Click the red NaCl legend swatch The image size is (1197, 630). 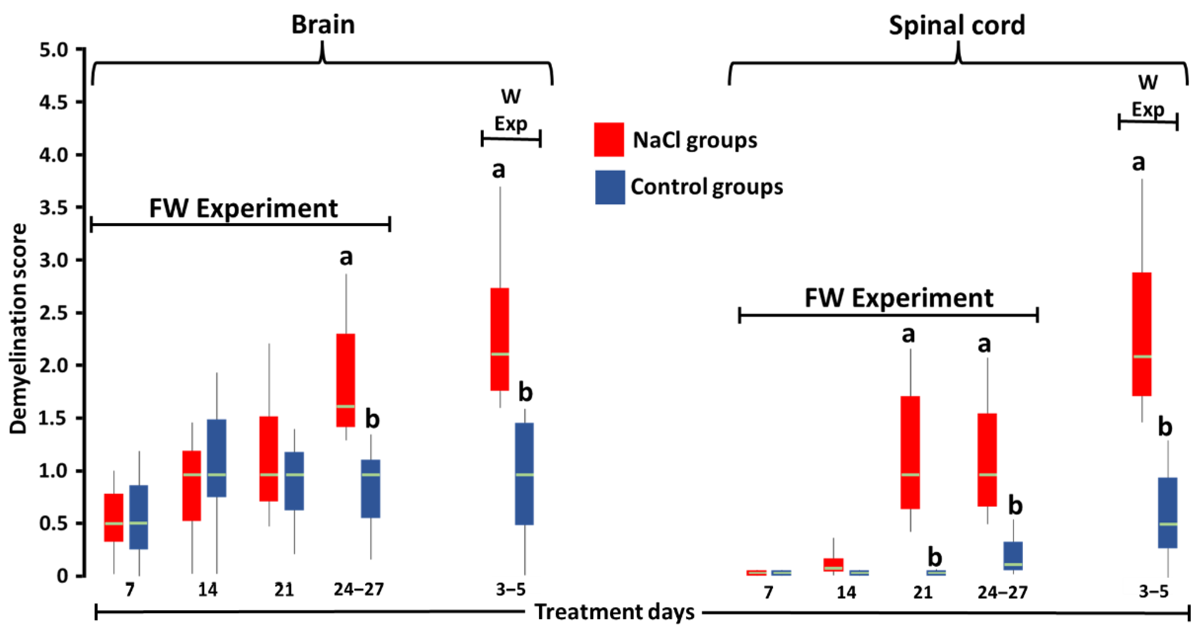(x=609, y=140)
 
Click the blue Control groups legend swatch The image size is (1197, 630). (x=610, y=187)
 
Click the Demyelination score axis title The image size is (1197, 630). (x=19, y=329)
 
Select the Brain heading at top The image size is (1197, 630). (x=323, y=25)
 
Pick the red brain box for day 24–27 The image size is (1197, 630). (x=346, y=380)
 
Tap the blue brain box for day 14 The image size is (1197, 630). (x=216, y=458)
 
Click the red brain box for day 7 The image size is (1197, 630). (x=114, y=517)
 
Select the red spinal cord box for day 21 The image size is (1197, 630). (x=910, y=452)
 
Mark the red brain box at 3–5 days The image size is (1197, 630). (x=500, y=339)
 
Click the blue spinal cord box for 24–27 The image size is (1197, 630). (x=1013, y=556)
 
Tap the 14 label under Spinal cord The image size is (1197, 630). (x=846, y=592)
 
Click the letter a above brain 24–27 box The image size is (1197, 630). (x=346, y=257)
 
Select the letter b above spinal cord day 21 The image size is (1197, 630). (x=934, y=557)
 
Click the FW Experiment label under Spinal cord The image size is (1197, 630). (x=899, y=298)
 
